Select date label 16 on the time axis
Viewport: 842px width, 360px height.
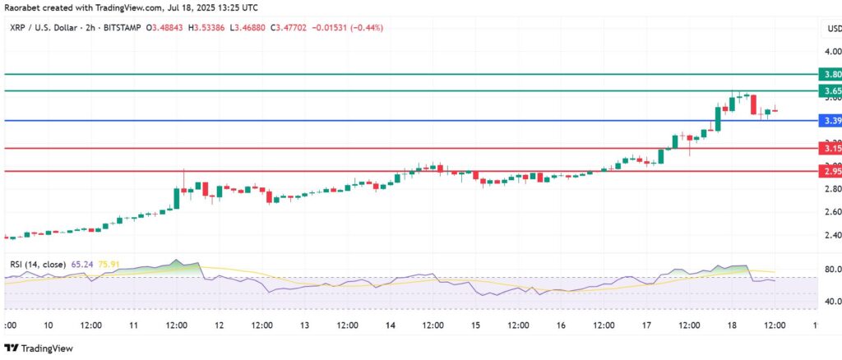pos(561,325)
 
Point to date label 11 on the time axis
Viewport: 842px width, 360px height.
pos(133,325)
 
